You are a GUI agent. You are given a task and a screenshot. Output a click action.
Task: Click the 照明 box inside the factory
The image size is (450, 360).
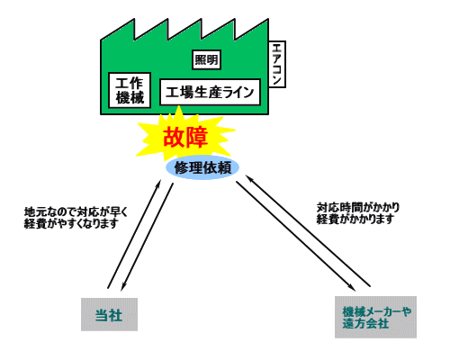pyautogui.click(x=206, y=59)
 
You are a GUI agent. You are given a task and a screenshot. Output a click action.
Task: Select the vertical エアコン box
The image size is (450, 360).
pyautogui.click(x=277, y=64)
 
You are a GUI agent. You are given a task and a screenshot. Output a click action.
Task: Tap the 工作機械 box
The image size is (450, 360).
pyautogui.click(x=130, y=90)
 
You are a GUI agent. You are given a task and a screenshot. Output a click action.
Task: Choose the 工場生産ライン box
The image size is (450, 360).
pyautogui.click(x=210, y=92)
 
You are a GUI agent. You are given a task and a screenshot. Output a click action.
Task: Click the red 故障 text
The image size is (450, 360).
pyautogui.click(x=185, y=137)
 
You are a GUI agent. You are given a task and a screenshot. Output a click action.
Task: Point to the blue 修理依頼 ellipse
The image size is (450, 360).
pyautogui.click(x=202, y=167)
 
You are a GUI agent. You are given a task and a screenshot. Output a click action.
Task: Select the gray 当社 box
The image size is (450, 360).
pyautogui.click(x=109, y=314)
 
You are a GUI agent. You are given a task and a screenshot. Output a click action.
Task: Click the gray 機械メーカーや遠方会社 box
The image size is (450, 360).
pyautogui.click(x=375, y=317)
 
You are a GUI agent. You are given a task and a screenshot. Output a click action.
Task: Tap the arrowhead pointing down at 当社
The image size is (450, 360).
pyautogui.click(x=122, y=287)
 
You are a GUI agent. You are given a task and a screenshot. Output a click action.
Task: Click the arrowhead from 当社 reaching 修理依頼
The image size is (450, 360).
pyautogui.click(x=159, y=183)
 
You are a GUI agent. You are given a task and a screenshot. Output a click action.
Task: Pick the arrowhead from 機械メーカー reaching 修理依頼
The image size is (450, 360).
pyautogui.click(x=249, y=178)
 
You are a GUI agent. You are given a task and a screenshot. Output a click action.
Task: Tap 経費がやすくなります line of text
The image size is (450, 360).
pyautogui.click(x=71, y=224)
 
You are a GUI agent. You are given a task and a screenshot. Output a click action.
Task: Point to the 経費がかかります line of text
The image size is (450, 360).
pyautogui.click(x=355, y=219)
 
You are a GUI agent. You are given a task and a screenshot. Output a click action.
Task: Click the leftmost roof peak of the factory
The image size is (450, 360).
pyautogui.click(x=134, y=19)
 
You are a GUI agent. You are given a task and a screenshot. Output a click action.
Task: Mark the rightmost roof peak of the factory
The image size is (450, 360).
pyautogui.click(x=268, y=19)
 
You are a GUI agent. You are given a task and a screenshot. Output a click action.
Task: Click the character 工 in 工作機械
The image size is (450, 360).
pyautogui.click(x=121, y=83)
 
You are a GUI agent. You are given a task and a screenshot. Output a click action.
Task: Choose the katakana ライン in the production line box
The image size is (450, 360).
pyautogui.click(x=238, y=92)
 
